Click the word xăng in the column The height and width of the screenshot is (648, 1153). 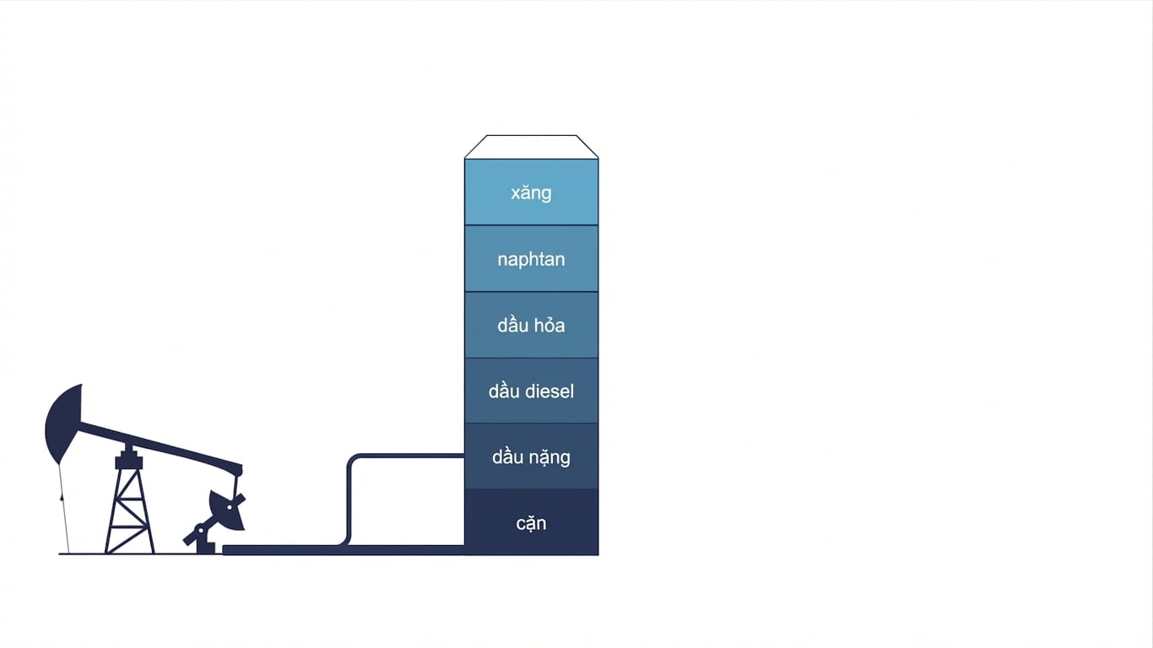click(531, 193)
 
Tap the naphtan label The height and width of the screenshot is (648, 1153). click(531, 259)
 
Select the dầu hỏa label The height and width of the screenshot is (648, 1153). click(531, 326)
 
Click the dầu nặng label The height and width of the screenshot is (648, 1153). click(531, 457)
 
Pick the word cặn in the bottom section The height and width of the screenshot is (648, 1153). click(531, 523)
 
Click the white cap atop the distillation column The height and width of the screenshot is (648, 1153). click(531, 147)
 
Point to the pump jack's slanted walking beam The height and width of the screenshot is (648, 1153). click(160, 446)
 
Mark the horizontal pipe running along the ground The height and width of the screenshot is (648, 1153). click(344, 550)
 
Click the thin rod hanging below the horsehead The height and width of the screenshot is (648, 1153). click(64, 509)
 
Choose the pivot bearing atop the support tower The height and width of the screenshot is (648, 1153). click(128, 457)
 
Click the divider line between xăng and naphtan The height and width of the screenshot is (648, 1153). click(531, 225)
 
